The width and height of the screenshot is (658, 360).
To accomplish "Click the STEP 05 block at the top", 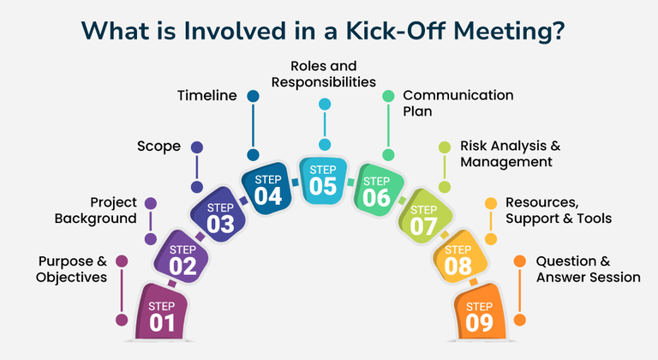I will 323,179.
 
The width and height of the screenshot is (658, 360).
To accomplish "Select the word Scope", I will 159,147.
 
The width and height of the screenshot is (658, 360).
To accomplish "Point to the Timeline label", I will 206,95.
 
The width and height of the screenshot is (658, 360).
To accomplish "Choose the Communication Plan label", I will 458,103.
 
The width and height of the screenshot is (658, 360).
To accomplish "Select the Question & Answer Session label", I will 588,268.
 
